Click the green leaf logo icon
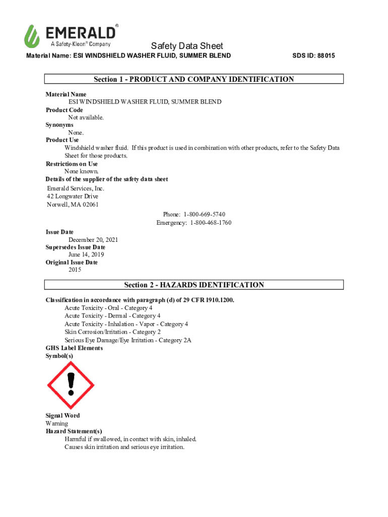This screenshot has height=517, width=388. click(32, 36)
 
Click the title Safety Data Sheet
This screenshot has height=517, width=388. click(187, 46)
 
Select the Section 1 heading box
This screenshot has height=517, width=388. click(194, 79)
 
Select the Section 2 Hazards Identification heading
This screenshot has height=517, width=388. click(194, 285)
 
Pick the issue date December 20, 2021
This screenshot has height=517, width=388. click(93, 240)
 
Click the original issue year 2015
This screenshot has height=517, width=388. click(75, 270)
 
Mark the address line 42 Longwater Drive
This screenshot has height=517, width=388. click(73, 196)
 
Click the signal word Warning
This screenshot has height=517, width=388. click(56, 424)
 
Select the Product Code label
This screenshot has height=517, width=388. click(64, 110)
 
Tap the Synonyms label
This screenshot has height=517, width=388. click(59, 125)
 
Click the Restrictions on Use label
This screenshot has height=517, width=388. click(72, 164)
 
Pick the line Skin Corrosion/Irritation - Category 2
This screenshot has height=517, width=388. click(112, 332)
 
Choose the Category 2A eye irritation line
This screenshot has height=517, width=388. click(128, 340)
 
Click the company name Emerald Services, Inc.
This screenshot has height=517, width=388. click(76, 188)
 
